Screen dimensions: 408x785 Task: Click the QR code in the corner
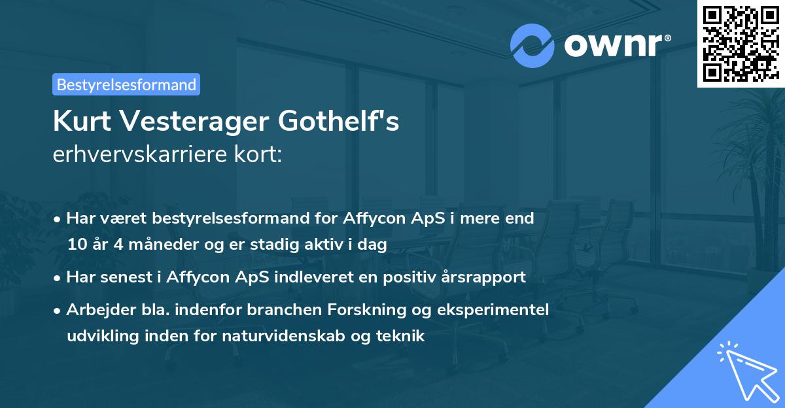coord(741,44)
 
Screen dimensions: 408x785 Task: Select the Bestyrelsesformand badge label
coord(126,84)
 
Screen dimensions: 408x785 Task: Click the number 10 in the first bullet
coord(76,245)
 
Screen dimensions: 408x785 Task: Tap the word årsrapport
coord(485,277)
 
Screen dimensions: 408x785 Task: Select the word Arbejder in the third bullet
coord(94,309)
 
